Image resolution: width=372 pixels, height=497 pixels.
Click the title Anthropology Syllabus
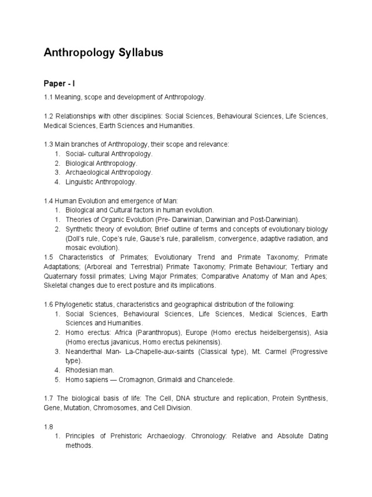(x=103, y=53)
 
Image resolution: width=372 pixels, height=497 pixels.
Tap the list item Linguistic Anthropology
(x=101, y=182)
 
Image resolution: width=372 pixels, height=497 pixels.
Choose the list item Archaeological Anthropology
(x=109, y=172)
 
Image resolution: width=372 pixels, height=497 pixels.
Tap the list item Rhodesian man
(x=90, y=370)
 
